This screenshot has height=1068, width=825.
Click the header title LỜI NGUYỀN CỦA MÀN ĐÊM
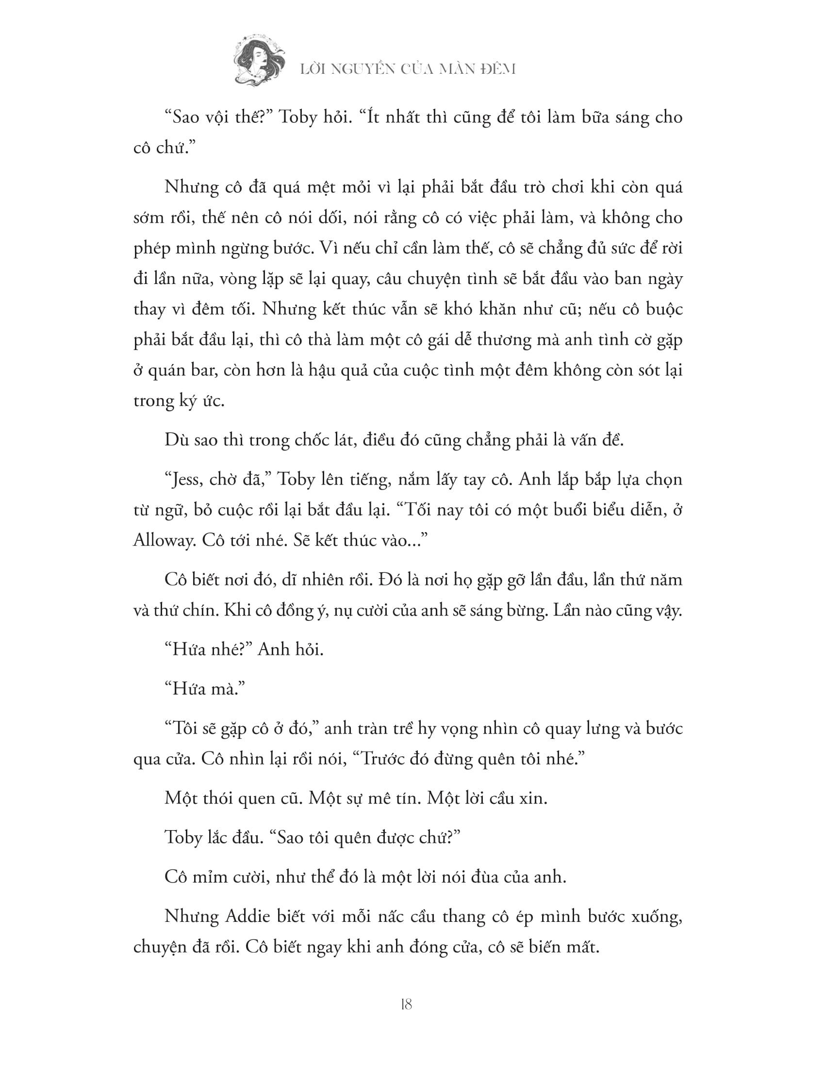408,69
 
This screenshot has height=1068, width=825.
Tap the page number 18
406,1004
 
